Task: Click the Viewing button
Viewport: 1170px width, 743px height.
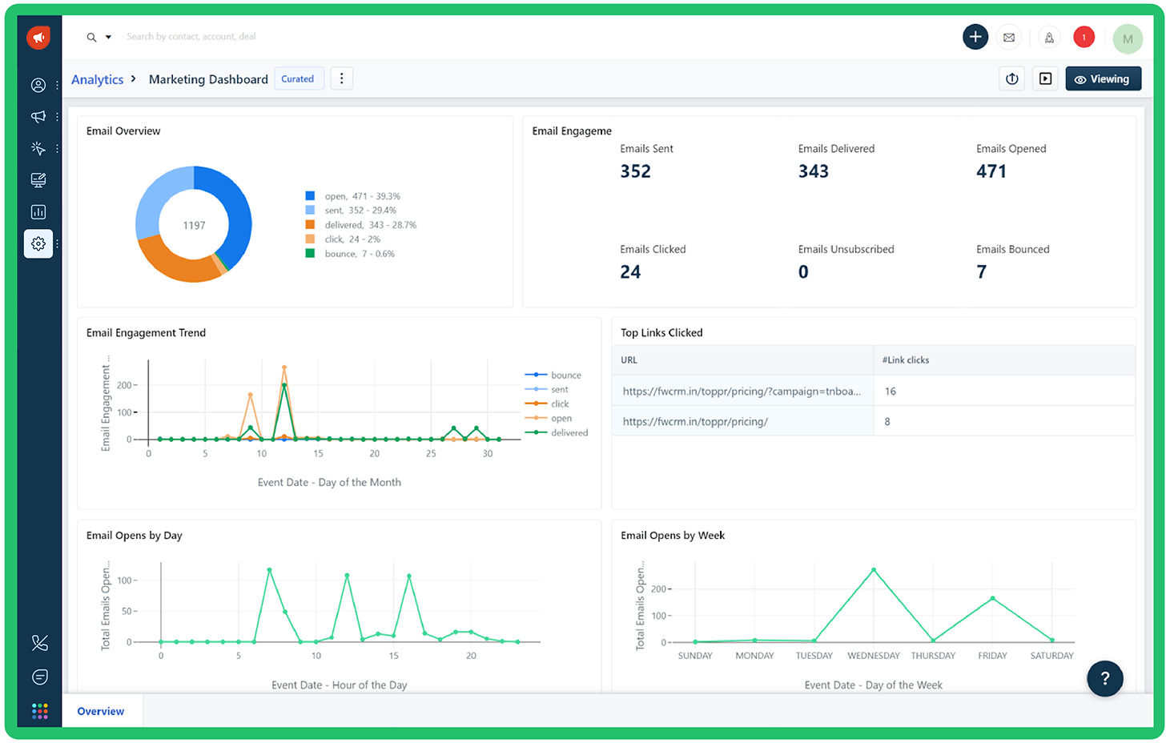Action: (x=1103, y=79)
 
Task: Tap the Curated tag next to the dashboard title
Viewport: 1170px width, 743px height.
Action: (x=298, y=79)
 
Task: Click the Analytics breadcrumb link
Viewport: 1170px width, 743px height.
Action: (x=97, y=79)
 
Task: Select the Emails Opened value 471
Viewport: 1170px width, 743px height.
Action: (x=991, y=171)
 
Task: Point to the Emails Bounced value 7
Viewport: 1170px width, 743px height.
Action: (x=981, y=272)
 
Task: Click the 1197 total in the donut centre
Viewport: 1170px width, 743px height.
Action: (x=194, y=226)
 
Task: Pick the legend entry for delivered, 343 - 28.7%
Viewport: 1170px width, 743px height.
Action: (x=370, y=225)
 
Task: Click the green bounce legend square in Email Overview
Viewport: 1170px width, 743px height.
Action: (x=310, y=254)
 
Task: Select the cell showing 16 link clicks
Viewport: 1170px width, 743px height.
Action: (x=890, y=392)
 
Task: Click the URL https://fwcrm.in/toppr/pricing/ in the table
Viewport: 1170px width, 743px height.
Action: (x=695, y=422)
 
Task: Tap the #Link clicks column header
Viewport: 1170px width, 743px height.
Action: (x=906, y=360)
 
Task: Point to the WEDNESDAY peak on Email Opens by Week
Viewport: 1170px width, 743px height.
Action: (x=874, y=570)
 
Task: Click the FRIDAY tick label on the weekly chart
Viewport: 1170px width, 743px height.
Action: (x=992, y=656)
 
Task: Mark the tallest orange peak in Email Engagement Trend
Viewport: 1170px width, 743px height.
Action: (x=284, y=367)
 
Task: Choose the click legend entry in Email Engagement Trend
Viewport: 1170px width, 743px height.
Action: (x=559, y=404)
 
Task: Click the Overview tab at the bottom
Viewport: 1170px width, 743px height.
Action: (x=101, y=712)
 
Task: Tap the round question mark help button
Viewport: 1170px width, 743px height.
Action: (x=1104, y=678)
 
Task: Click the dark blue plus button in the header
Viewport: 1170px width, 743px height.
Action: (x=975, y=37)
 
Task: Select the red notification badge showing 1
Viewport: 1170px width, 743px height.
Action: (x=1084, y=37)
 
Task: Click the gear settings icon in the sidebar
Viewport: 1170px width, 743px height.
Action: (x=38, y=243)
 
